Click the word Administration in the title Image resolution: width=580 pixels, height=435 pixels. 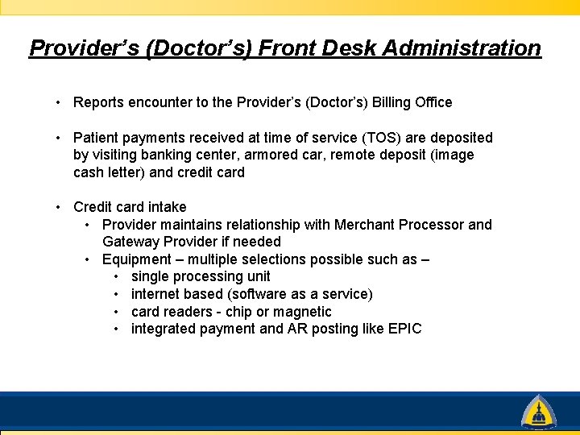[x=462, y=48]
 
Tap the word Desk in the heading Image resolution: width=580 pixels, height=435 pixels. [x=350, y=48]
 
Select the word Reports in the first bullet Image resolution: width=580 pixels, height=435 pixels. [x=98, y=102]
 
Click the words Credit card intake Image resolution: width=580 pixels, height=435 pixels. [x=130, y=207]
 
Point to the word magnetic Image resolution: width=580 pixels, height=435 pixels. [x=301, y=312]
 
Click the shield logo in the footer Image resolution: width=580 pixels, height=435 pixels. [x=537, y=412]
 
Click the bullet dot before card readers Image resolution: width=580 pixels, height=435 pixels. [x=118, y=312]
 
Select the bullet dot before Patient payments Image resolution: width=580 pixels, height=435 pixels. [x=60, y=138]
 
